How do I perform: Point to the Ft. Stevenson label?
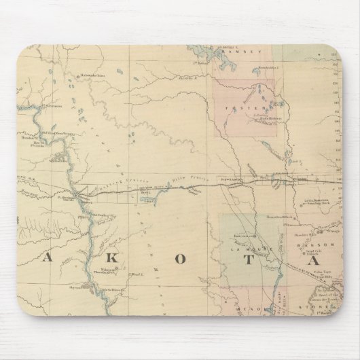48,106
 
